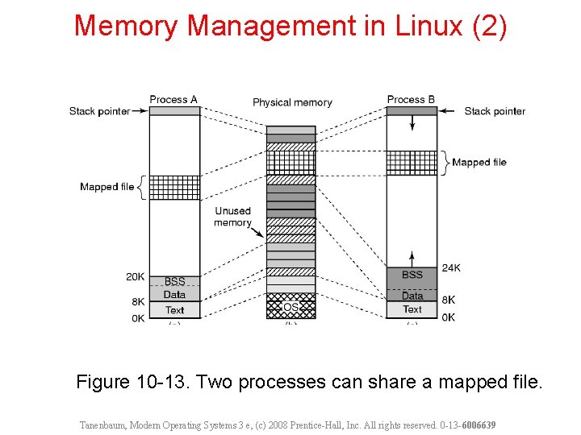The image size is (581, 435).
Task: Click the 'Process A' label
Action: tap(173, 100)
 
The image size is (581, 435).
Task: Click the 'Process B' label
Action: tap(411, 100)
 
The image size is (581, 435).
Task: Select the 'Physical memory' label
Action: tap(292, 102)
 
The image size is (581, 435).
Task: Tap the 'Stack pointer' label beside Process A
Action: tap(99, 111)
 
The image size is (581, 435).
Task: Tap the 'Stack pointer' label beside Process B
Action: tap(495, 111)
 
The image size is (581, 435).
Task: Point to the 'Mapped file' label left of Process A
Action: tap(107, 187)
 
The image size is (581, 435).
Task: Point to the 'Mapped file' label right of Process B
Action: tap(479, 162)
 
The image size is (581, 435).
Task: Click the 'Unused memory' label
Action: tap(232, 217)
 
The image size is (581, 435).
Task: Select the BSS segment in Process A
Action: tap(175, 282)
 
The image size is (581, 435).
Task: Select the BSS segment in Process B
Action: tap(412, 275)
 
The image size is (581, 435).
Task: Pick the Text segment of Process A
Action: tap(175, 310)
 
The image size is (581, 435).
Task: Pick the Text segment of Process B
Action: tap(412, 309)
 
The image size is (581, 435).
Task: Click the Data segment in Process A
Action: tap(175, 296)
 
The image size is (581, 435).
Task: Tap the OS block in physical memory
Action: tap(291, 307)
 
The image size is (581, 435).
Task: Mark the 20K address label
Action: tap(135, 276)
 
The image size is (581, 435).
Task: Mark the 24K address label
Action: tap(451, 267)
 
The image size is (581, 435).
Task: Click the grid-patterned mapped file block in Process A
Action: tap(175, 187)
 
